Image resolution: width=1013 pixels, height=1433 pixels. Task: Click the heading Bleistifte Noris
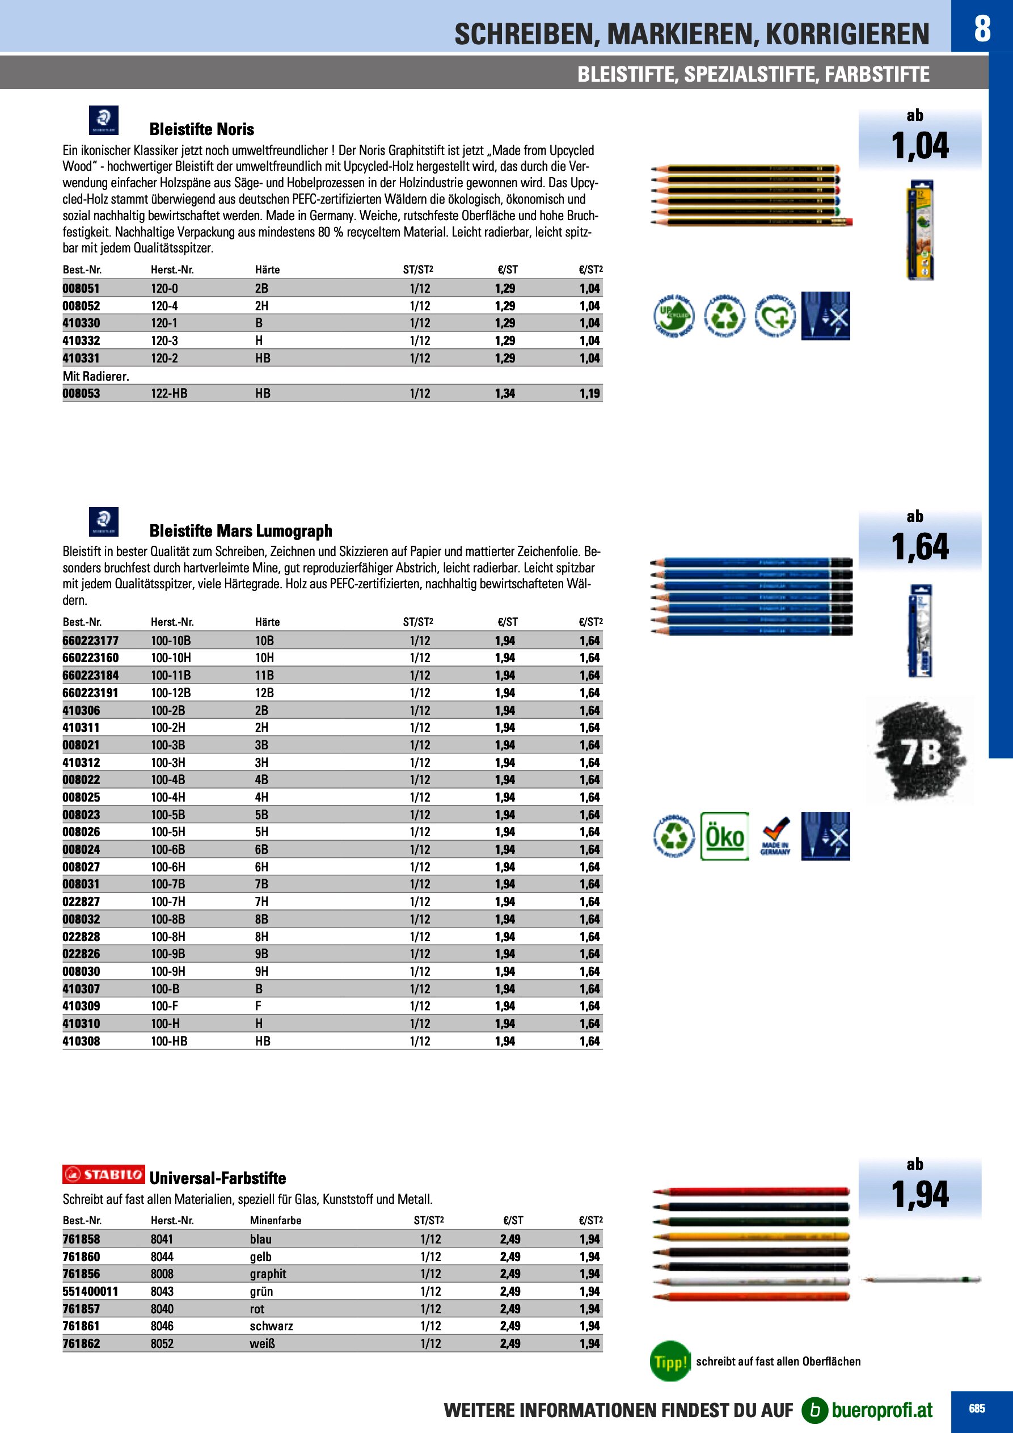point(201,129)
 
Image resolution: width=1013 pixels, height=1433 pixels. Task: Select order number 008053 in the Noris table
point(81,393)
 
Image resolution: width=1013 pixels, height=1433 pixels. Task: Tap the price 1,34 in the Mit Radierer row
point(504,393)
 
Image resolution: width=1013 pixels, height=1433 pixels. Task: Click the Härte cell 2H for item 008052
point(261,306)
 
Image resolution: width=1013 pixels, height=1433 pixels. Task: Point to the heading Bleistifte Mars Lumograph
point(240,531)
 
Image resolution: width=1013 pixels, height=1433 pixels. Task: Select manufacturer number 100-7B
point(168,884)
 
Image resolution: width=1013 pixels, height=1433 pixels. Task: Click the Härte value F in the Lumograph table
point(258,1005)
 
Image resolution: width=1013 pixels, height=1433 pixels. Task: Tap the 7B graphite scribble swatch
point(921,752)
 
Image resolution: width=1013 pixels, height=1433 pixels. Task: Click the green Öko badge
point(725,836)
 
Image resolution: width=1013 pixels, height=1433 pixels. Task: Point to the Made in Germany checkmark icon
point(775,836)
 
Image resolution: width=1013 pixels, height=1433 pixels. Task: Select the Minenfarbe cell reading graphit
point(268,1274)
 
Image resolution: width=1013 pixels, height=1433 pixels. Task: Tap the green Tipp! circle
point(670,1361)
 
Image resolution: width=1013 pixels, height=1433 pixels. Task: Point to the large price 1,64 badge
point(919,547)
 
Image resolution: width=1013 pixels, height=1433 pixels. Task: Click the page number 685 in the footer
point(977,1409)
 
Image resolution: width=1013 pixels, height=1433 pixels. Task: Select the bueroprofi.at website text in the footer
point(881,1410)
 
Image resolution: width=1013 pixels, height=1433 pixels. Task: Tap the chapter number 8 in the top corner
point(982,28)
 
